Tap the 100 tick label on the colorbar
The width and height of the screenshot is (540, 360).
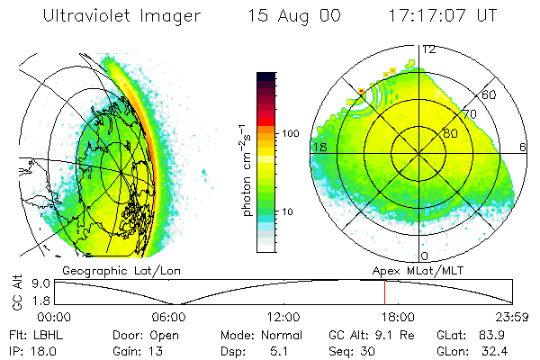(291, 133)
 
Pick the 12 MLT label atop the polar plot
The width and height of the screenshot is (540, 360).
(429, 49)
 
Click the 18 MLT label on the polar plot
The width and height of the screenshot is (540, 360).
(319, 146)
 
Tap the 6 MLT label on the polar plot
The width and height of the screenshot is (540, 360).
(524, 146)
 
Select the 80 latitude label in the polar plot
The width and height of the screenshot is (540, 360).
(451, 133)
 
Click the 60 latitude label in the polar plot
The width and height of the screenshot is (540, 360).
(490, 94)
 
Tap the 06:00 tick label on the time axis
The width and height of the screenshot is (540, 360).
(169, 317)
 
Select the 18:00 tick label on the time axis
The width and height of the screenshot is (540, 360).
(398, 317)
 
